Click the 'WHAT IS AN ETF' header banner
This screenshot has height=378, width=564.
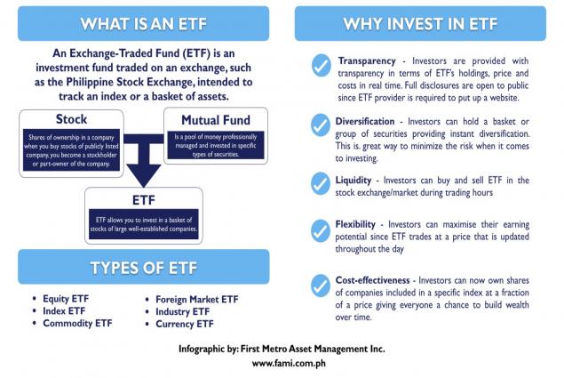click(x=144, y=23)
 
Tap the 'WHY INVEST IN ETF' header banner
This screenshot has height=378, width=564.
click(x=420, y=23)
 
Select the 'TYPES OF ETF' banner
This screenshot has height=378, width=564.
click(x=144, y=267)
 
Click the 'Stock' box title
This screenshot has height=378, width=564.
click(x=71, y=119)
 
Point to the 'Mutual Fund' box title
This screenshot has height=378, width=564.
click(x=216, y=120)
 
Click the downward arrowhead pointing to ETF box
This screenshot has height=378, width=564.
click(x=144, y=175)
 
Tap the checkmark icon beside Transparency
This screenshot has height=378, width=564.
click(x=322, y=65)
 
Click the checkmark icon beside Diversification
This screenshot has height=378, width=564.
click(x=321, y=125)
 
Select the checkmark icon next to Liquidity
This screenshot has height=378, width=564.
click(x=321, y=183)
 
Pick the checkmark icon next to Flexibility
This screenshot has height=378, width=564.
click(x=321, y=231)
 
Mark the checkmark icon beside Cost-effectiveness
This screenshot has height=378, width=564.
click(x=321, y=286)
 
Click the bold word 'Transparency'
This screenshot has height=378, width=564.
click(x=367, y=60)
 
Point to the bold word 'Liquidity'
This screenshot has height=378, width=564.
click(x=353, y=181)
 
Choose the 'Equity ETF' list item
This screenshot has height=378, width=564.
click(x=66, y=299)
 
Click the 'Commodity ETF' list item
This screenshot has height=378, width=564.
click(x=77, y=323)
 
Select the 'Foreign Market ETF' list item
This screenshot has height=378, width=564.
click(x=197, y=300)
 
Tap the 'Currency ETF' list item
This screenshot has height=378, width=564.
click(x=185, y=324)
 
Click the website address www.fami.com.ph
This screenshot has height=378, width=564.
click(x=289, y=363)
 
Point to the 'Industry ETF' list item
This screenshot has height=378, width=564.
click(x=182, y=311)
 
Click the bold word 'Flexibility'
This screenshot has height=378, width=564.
click(x=355, y=224)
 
